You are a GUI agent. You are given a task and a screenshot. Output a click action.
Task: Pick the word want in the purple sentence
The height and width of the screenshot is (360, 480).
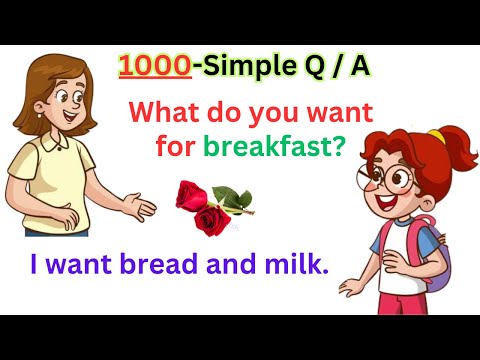click(77, 266)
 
